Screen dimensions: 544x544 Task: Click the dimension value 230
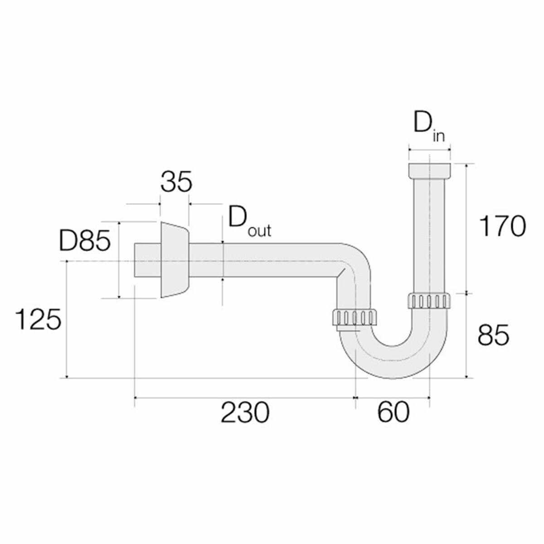point(245,413)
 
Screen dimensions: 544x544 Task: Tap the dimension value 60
point(393,413)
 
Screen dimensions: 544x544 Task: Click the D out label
point(249,222)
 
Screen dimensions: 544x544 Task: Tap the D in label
point(428,129)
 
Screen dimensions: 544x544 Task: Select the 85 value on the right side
point(494,335)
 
